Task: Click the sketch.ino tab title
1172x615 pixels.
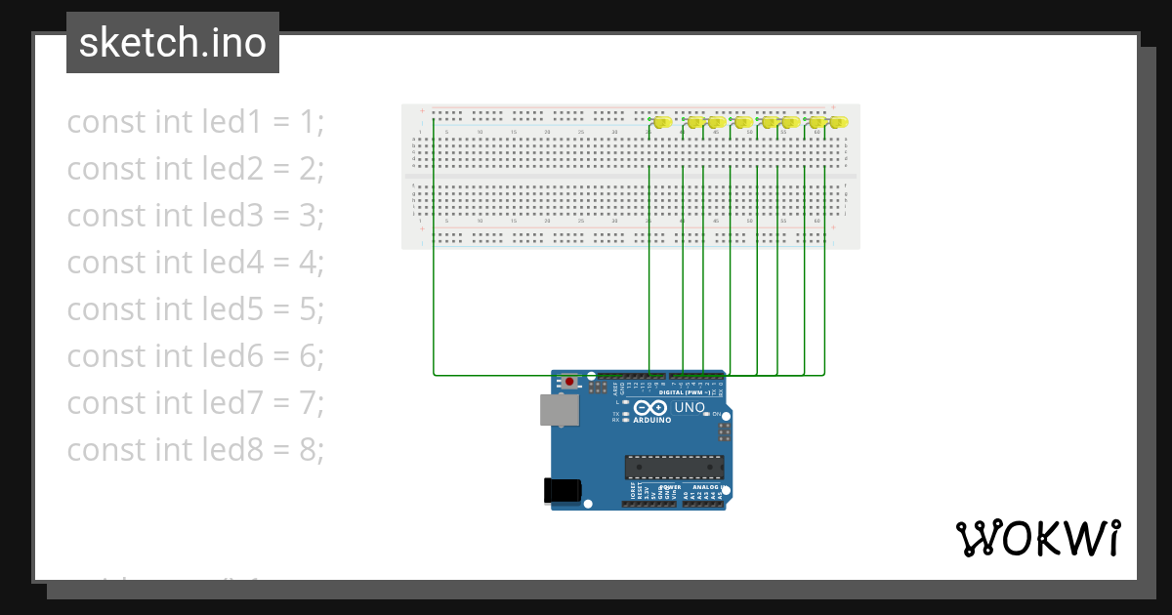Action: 173,43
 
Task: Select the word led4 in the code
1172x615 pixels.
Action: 232,263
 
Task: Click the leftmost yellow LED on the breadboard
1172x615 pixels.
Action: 662,122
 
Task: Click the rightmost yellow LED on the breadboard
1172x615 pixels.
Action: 840,122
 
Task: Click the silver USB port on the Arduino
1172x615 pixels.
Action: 559,411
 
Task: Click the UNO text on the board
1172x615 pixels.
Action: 690,407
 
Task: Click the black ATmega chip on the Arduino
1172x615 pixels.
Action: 674,468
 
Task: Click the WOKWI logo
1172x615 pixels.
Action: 1037,539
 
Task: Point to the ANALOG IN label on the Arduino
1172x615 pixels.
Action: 707,486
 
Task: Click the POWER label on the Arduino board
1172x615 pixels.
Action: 670,486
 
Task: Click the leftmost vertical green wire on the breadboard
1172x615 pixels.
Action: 434,244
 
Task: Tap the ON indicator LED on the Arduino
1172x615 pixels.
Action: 706,414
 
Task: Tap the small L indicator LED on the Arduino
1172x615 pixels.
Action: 625,402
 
